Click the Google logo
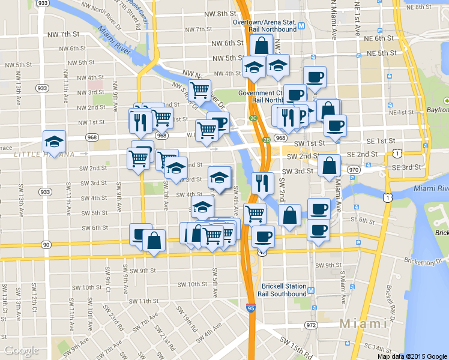click(x=21, y=350)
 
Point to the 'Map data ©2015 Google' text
click(x=412, y=356)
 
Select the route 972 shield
click(x=310, y=325)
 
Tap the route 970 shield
click(x=354, y=170)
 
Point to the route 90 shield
click(x=46, y=244)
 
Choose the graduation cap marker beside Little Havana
click(x=55, y=142)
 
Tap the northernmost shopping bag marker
click(x=262, y=44)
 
